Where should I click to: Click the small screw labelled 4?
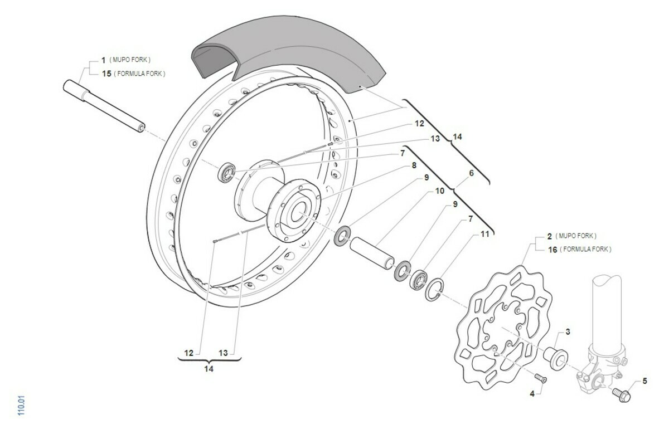tap(540, 378)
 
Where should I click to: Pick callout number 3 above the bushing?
tap(568, 332)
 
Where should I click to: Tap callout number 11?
tap(485, 235)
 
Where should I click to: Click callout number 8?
tap(414, 165)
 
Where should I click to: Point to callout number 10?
tap(439, 191)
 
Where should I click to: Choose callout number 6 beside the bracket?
tap(471, 173)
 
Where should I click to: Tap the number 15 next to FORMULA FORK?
tap(106, 74)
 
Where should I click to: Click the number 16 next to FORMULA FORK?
tap(552, 249)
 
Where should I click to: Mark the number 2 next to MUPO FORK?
tap(549, 236)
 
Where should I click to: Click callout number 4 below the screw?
tap(532, 393)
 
